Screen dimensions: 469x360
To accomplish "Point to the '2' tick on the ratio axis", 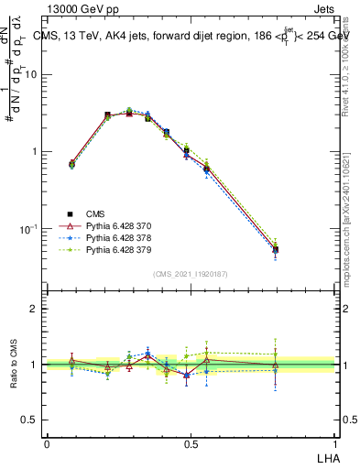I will point(35,310).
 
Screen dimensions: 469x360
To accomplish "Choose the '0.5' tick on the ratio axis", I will point(30,420).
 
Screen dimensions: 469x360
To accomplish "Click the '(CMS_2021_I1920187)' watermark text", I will point(190,273).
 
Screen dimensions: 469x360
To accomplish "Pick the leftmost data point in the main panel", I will point(71,164).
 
